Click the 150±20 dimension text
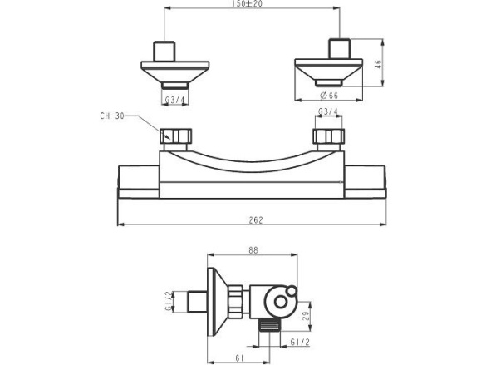click(x=247, y=3)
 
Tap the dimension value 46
click(x=379, y=64)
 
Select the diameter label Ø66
click(x=329, y=96)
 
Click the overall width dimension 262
click(x=256, y=219)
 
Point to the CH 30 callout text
click(x=112, y=116)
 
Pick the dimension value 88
click(x=253, y=250)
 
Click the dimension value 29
click(x=306, y=316)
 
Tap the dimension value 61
click(x=239, y=358)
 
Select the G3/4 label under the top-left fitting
click(x=174, y=100)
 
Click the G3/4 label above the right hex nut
click(x=328, y=111)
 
